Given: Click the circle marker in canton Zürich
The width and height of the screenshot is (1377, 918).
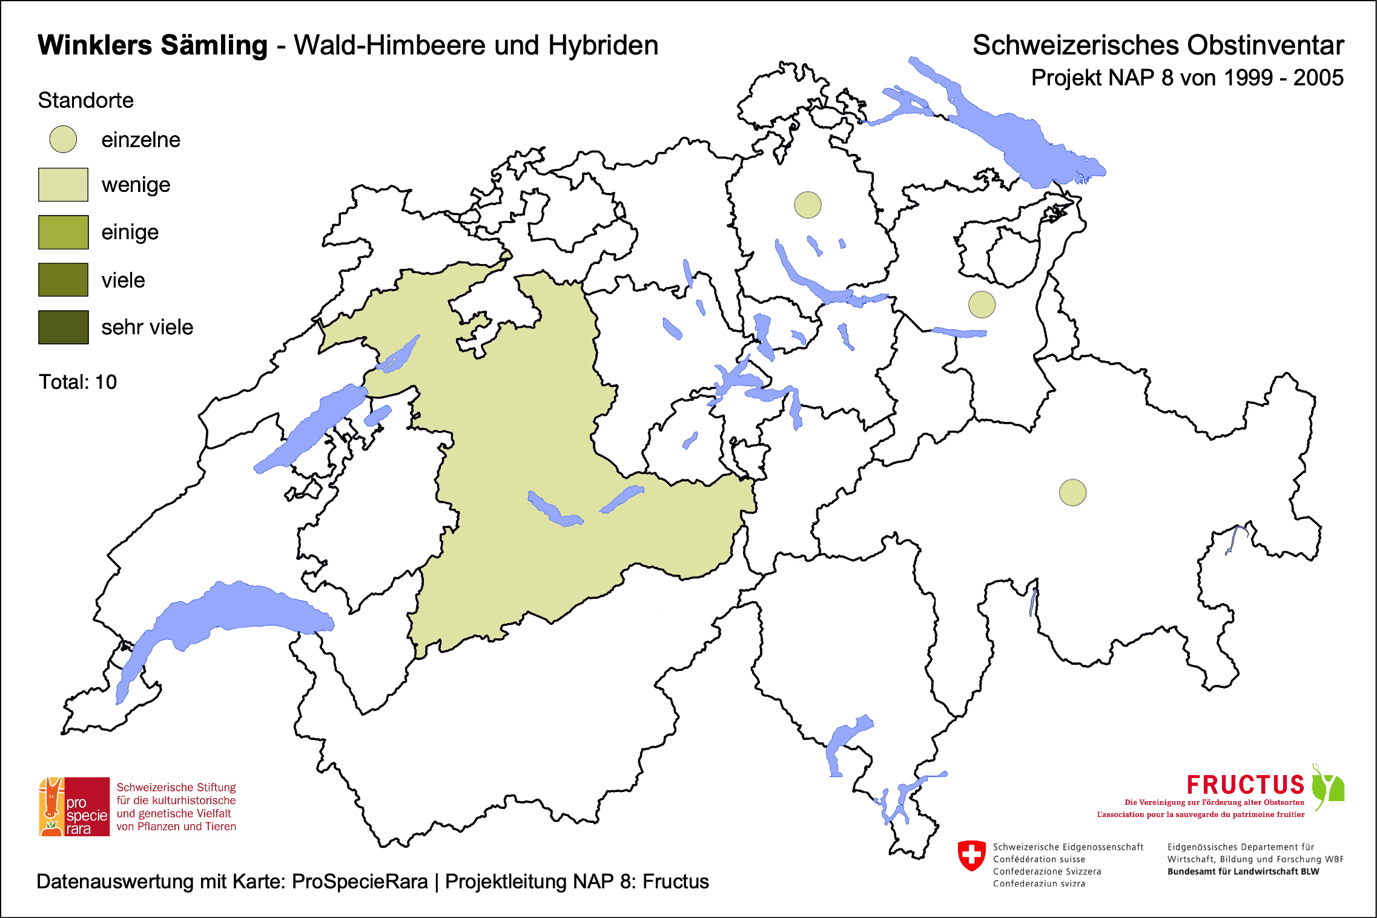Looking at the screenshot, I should pyautogui.click(x=807, y=205).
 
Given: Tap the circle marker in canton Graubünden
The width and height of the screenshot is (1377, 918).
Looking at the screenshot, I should pyautogui.click(x=1072, y=492).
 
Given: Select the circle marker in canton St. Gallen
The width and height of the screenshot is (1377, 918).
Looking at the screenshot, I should pyautogui.click(x=982, y=304).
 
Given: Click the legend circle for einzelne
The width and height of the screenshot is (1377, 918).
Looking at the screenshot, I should pyautogui.click(x=63, y=139).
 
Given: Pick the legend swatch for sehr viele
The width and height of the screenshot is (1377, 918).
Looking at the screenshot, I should pyautogui.click(x=63, y=327).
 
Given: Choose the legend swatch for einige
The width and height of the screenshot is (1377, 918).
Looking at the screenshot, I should pyautogui.click(x=63, y=232).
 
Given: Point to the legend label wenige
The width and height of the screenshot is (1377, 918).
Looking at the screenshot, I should pyautogui.click(x=136, y=185).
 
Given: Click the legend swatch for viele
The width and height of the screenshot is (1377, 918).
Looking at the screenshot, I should pyautogui.click(x=63, y=279).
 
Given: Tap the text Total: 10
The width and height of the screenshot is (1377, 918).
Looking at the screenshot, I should pyautogui.click(x=78, y=382).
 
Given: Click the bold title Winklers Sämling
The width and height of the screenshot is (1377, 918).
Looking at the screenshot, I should pyautogui.click(x=152, y=45).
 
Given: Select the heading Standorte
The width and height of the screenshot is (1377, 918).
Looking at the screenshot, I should pyautogui.click(x=85, y=100).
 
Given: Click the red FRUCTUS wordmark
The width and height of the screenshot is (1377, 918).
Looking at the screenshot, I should pyautogui.click(x=1245, y=785).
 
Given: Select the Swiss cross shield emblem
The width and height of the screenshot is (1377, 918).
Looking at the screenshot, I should pyautogui.click(x=971, y=856).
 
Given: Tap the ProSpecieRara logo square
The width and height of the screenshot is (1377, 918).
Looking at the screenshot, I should pyautogui.click(x=74, y=807).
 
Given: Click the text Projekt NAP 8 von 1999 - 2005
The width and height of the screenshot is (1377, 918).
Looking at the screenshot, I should pyautogui.click(x=1187, y=78).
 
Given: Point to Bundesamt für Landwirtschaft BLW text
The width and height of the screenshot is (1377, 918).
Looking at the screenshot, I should pyautogui.click(x=1243, y=871).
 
